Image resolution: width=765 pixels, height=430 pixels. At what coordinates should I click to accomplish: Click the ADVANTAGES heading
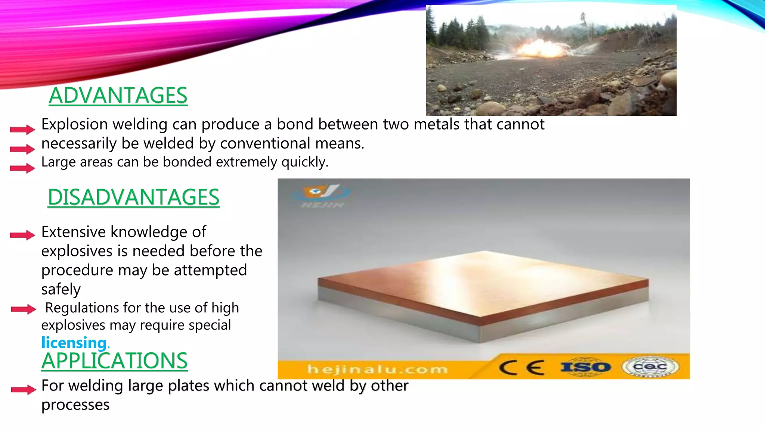click(118, 96)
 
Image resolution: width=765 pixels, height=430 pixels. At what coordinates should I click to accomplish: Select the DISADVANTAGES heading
click(134, 197)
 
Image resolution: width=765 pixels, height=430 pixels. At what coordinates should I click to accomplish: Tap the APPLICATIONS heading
click(114, 361)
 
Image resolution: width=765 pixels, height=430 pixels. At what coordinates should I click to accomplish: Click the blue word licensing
click(74, 343)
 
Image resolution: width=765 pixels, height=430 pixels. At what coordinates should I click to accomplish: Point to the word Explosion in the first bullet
click(74, 125)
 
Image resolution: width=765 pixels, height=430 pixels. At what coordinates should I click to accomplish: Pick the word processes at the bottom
click(75, 405)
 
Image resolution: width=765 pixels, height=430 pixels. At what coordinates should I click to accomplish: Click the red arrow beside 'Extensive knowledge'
click(22, 235)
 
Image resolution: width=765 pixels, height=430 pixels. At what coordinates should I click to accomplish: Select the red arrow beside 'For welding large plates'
click(24, 390)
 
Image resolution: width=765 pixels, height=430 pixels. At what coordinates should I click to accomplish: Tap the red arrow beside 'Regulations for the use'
click(23, 309)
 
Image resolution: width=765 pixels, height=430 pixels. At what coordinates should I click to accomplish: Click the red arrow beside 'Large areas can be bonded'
click(22, 168)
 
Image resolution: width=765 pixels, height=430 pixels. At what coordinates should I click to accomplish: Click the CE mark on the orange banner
click(522, 368)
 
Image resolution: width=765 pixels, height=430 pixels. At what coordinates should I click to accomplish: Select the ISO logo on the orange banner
click(585, 367)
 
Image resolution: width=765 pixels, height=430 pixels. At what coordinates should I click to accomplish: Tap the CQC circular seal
click(650, 367)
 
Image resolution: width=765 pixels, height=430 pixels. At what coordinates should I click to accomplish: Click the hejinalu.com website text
click(377, 370)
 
